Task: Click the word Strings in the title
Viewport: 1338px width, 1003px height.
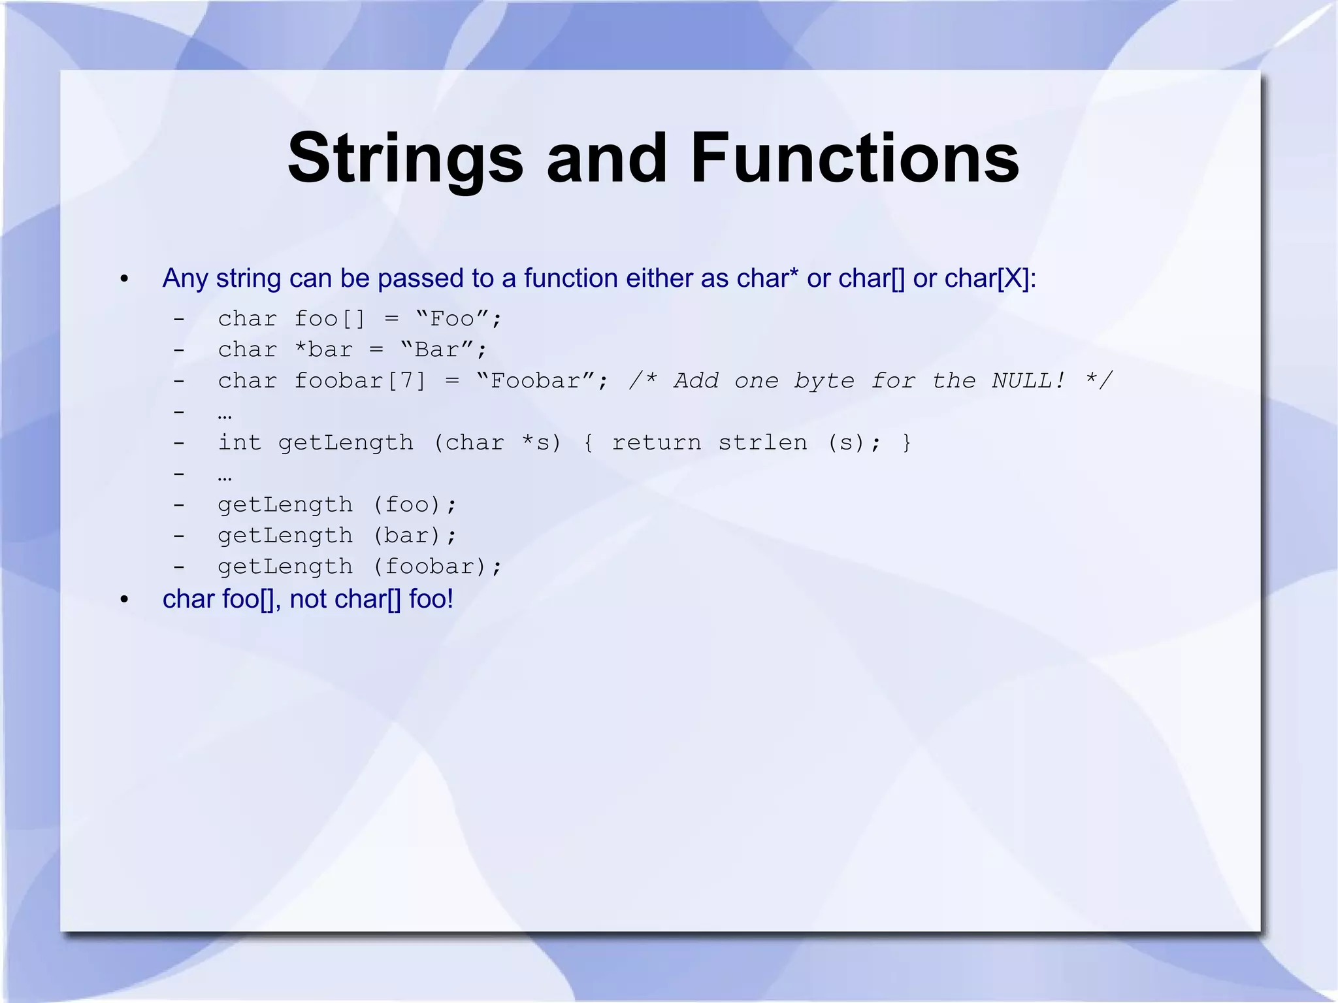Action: [405, 159]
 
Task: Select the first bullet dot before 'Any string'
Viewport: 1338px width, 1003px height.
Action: [125, 280]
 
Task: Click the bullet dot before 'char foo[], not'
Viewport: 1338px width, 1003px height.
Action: [125, 600]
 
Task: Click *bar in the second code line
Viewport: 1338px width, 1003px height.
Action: [323, 350]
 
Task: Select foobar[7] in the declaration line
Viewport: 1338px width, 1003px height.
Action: [360, 380]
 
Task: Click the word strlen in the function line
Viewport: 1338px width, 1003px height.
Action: [762, 443]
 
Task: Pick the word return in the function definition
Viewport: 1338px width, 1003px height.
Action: [657, 443]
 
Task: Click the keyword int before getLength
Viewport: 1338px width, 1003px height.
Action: [240, 443]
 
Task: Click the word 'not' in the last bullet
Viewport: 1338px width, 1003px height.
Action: [308, 599]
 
